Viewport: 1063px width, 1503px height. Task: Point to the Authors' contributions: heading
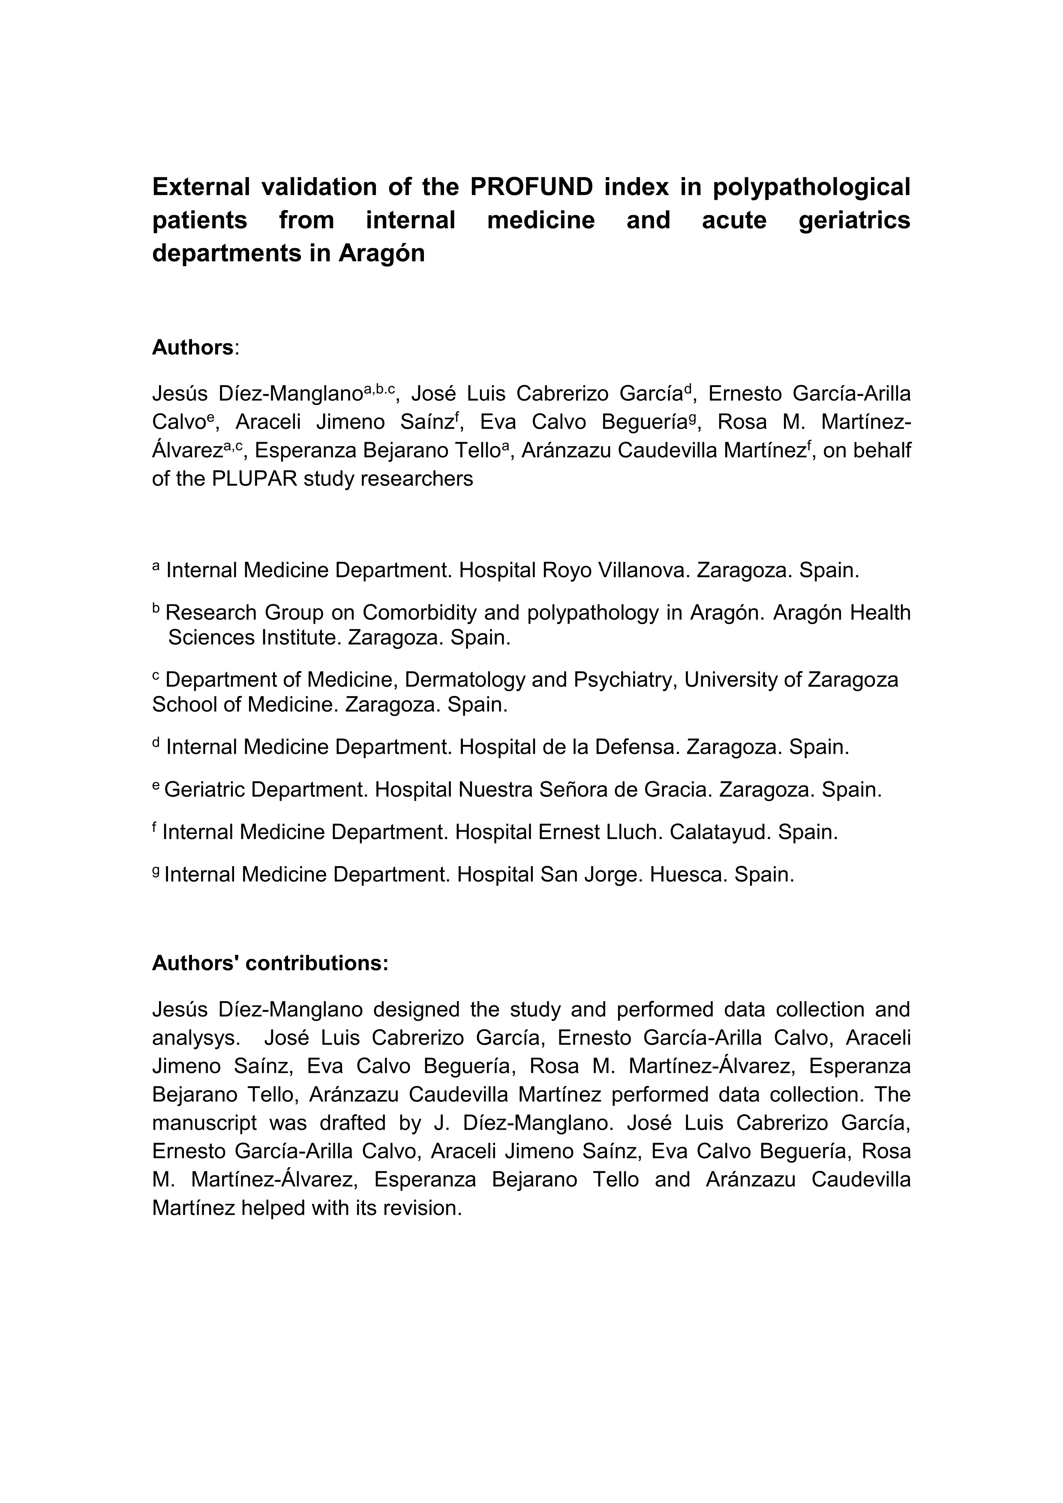[270, 963]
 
